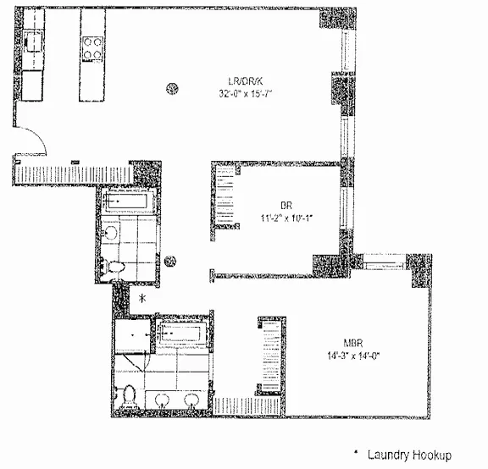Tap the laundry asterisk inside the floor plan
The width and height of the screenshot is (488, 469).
tap(142, 299)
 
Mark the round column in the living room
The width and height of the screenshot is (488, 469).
tap(173, 86)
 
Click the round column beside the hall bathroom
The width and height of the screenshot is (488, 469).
tap(170, 262)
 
